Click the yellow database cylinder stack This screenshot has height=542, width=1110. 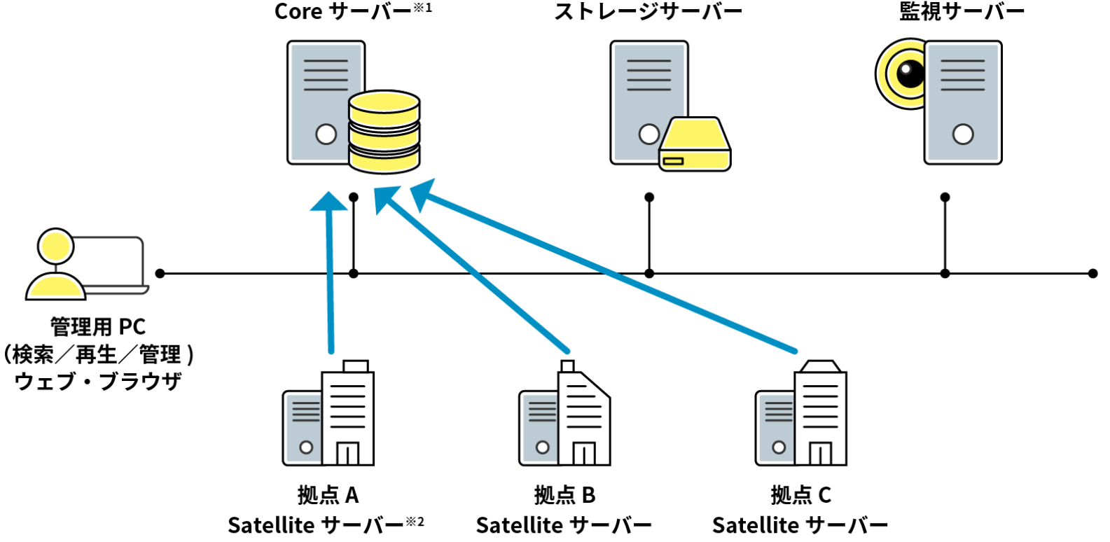tap(384, 132)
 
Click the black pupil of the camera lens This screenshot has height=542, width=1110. tap(911, 72)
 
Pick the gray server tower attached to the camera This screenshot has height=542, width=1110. tap(963, 102)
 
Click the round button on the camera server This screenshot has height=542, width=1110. tap(963, 134)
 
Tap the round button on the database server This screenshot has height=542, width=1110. tap(326, 134)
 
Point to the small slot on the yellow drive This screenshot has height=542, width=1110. tap(673, 162)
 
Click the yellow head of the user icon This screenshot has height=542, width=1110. tap(56, 247)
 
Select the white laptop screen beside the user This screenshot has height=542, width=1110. tap(109, 262)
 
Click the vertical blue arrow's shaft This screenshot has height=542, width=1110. tap(331, 280)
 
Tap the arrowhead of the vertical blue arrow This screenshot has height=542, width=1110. tap(328, 201)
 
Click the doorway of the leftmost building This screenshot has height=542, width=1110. tap(347, 453)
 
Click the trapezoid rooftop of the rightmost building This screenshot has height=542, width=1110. tap(820, 366)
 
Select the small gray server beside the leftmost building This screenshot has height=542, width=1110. tap(303, 427)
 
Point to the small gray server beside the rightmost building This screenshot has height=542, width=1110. tap(776, 427)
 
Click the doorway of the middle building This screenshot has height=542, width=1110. tap(584, 453)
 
